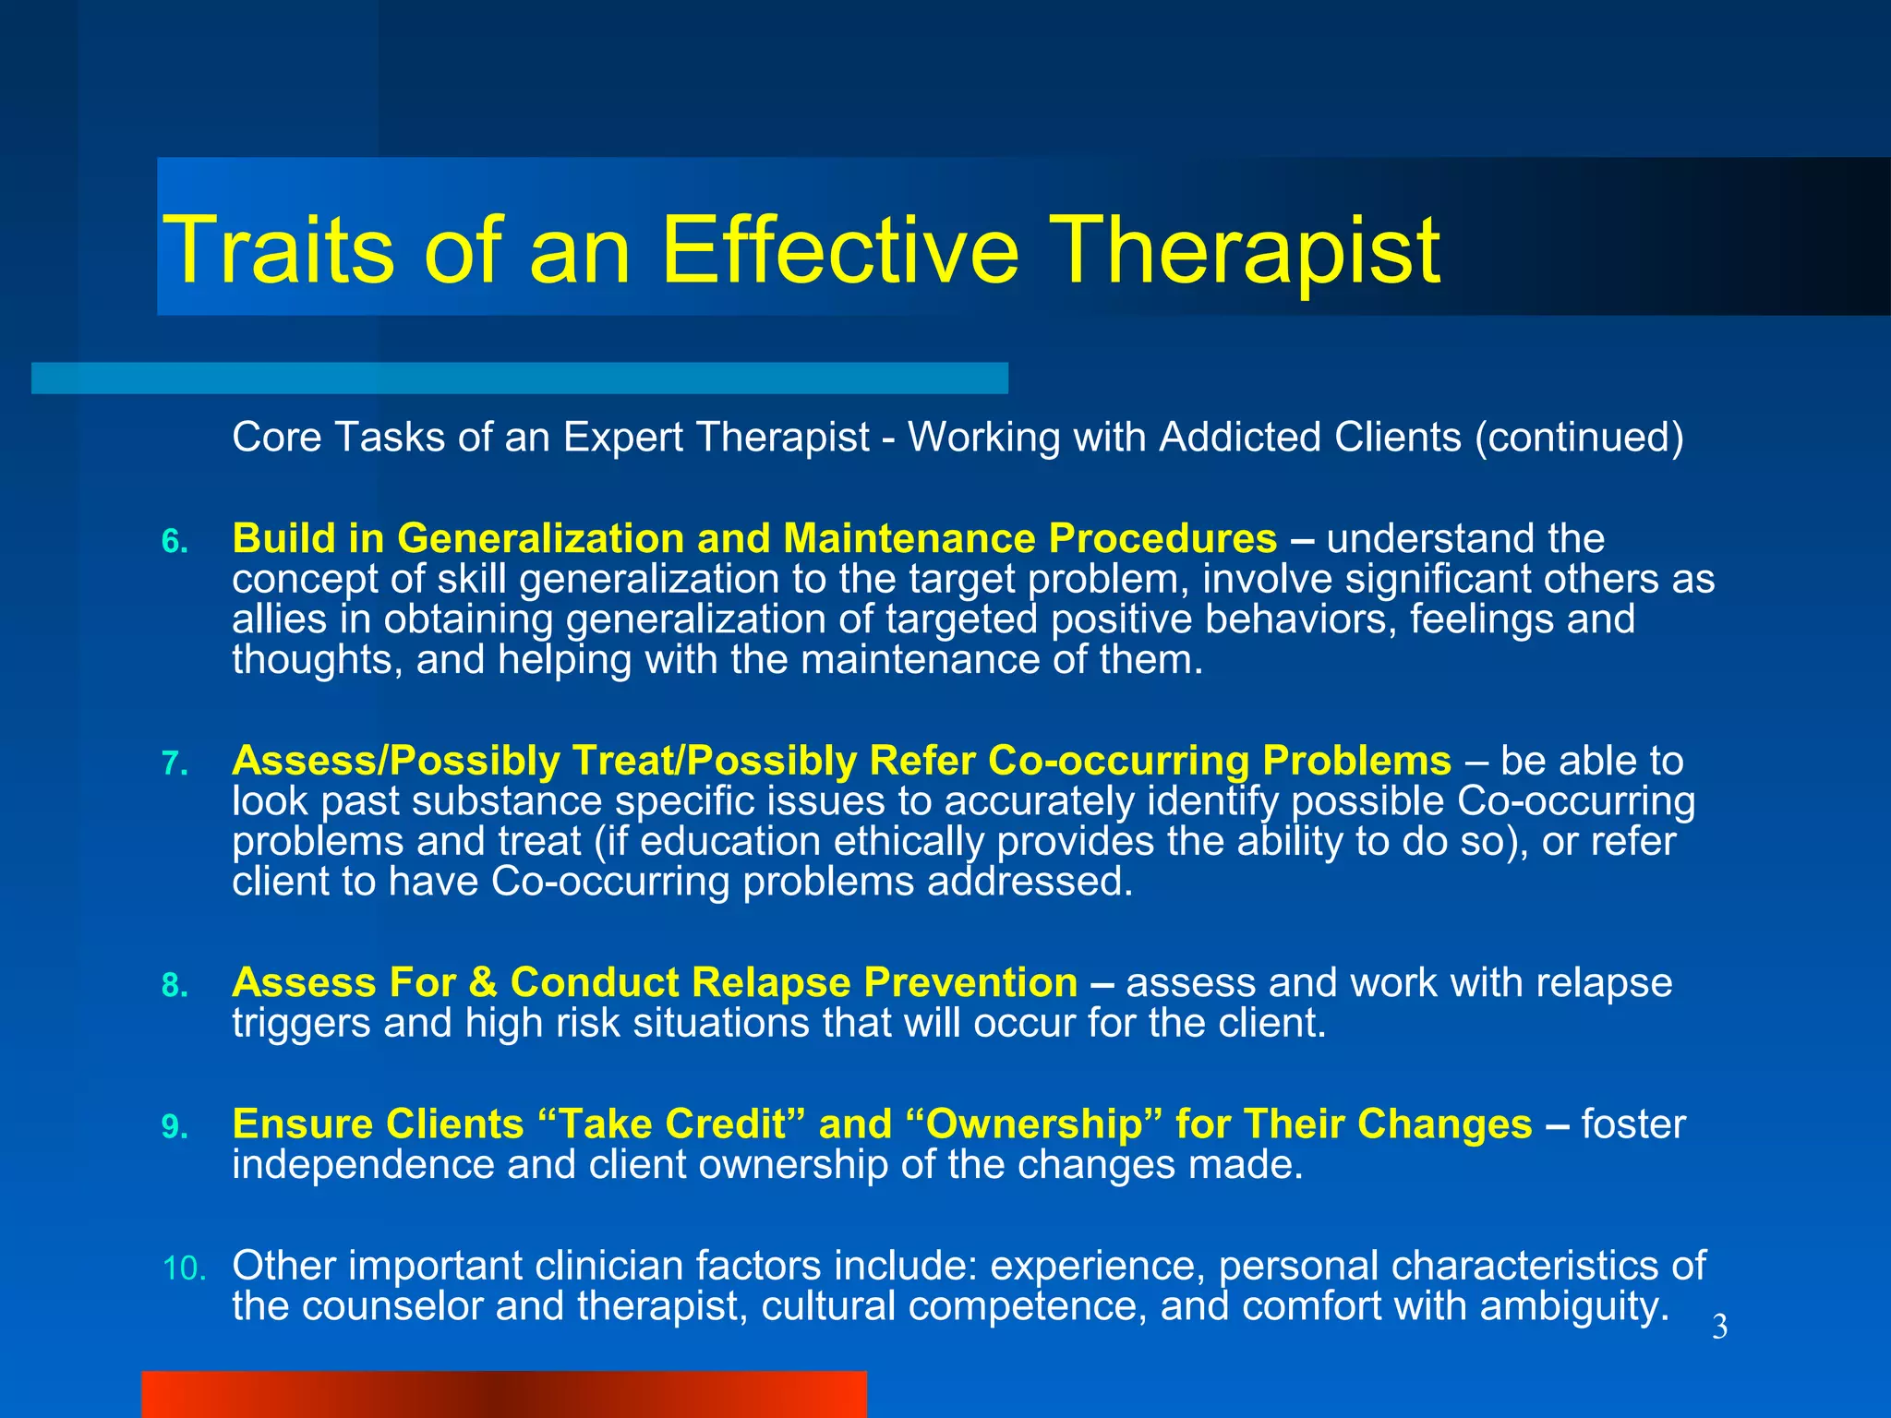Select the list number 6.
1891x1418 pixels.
(x=175, y=542)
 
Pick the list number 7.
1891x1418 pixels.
(x=175, y=764)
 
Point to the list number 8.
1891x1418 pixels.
(x=175, y=986)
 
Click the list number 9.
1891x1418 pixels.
(x=175, y=1127)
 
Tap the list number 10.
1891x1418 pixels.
(x=184, y=1269)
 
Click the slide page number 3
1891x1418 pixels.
(x=1719, y=1328)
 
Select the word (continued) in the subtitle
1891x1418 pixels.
(x=1579, y=438)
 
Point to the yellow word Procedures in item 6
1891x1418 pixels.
(x=1162, y=538)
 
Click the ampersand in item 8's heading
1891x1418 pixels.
(x=483, y=982)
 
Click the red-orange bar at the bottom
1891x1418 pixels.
(x=503, y=1394)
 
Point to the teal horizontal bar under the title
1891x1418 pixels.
(x=519, y=378)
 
